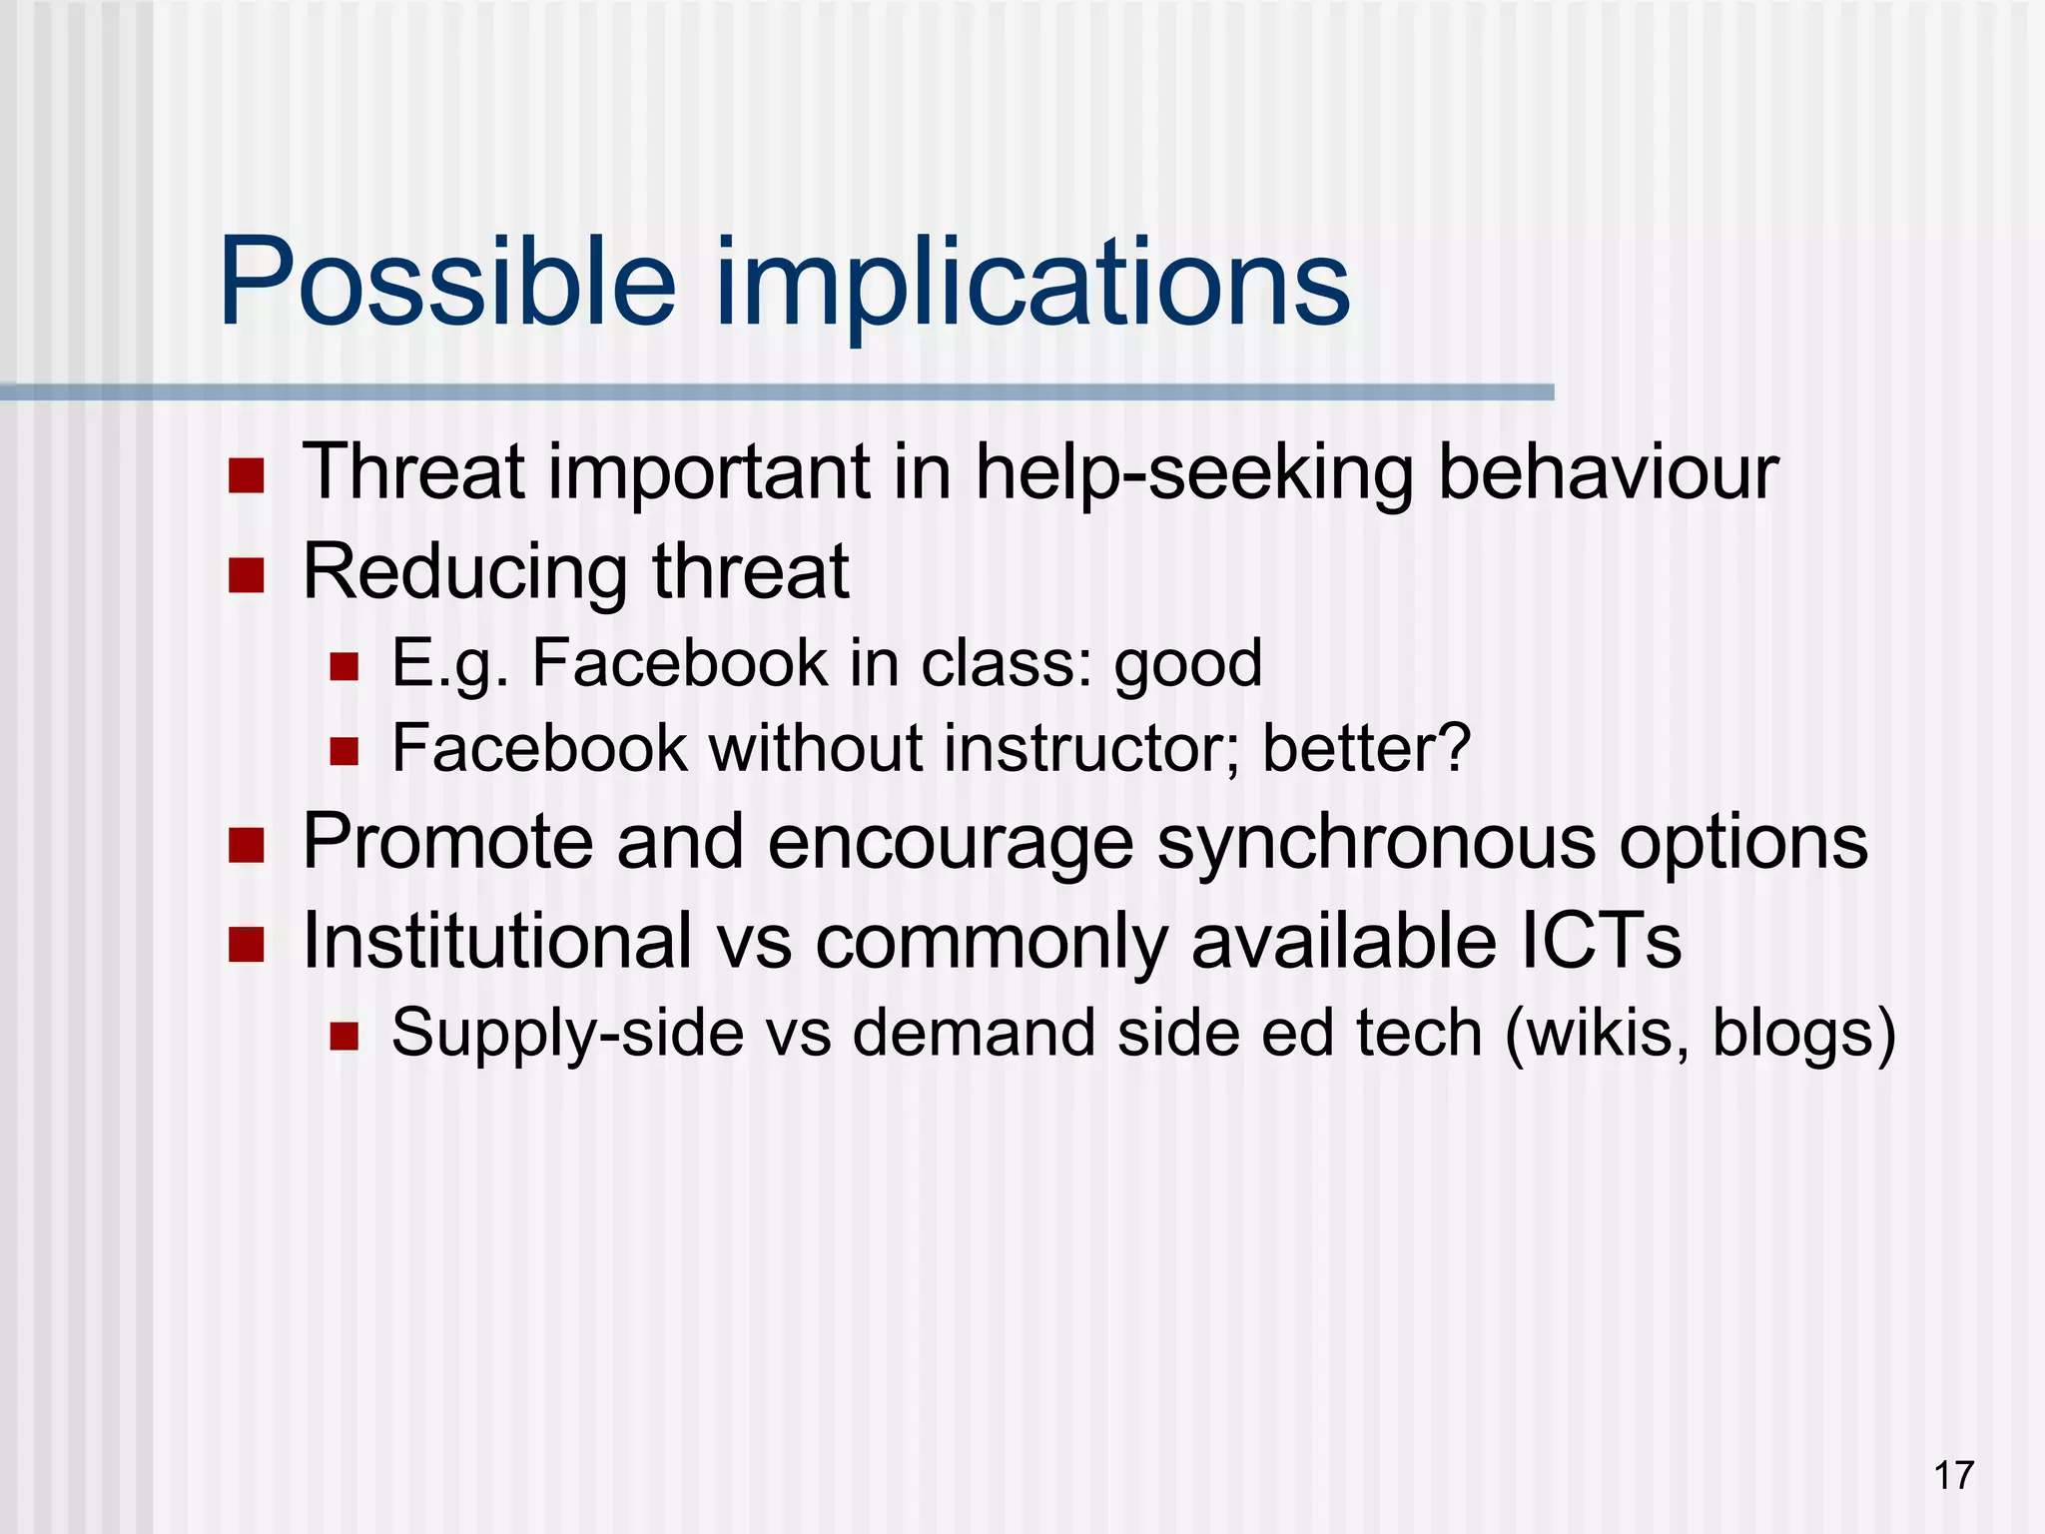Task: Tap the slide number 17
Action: coord(1953,1475)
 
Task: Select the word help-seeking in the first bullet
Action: coord(1193,472)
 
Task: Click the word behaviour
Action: coord(1608,471)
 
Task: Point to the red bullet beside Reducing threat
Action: coord(246,575)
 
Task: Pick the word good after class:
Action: coord(1188,665)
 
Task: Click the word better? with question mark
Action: coord(1367,748)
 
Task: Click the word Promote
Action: coord(447,842)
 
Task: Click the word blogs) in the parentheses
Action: coord(1803,1034)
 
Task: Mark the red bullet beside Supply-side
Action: coord(344,1036)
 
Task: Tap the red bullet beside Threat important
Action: coord(246,476)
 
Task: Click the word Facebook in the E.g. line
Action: coord(679,663)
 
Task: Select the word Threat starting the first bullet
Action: coord(413,471)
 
